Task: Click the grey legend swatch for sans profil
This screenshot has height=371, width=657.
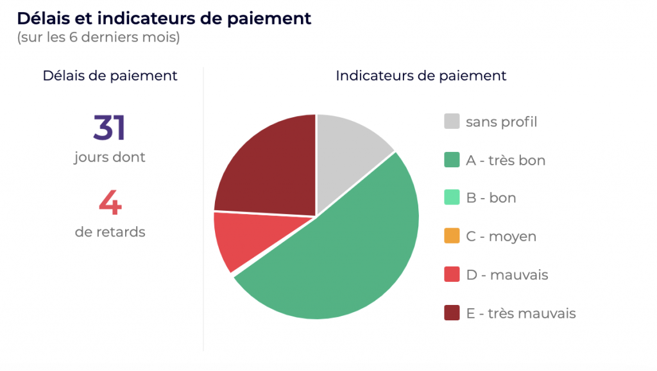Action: click(x=452, y=121)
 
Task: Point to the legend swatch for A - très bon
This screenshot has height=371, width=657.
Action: click(x=452, y=160)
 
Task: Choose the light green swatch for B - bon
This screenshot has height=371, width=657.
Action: click(x=452, y=197)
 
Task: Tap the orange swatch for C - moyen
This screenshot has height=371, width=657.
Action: click(x=452, y=236)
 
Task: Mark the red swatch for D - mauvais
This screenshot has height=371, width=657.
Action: click(x=452, y=274)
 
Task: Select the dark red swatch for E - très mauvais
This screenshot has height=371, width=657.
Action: click(x=452, y=313)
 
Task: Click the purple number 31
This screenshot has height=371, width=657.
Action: click(x=109, y=128)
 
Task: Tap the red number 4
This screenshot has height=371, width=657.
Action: click(x=110, y=202)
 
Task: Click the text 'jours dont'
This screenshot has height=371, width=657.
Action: click(x=110, y=157)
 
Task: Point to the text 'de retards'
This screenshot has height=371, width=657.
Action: click(x=110, y=232)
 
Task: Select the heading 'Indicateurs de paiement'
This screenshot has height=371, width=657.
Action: click(x=421, y=76)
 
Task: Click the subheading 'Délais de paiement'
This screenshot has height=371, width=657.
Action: click(x=110, y=76)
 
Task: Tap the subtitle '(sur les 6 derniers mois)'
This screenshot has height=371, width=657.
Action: click(x=98, y=37)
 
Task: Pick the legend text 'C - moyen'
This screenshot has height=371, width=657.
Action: click(x=501, y=236)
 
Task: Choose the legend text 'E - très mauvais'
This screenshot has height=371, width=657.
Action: click(x=521, y=313)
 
